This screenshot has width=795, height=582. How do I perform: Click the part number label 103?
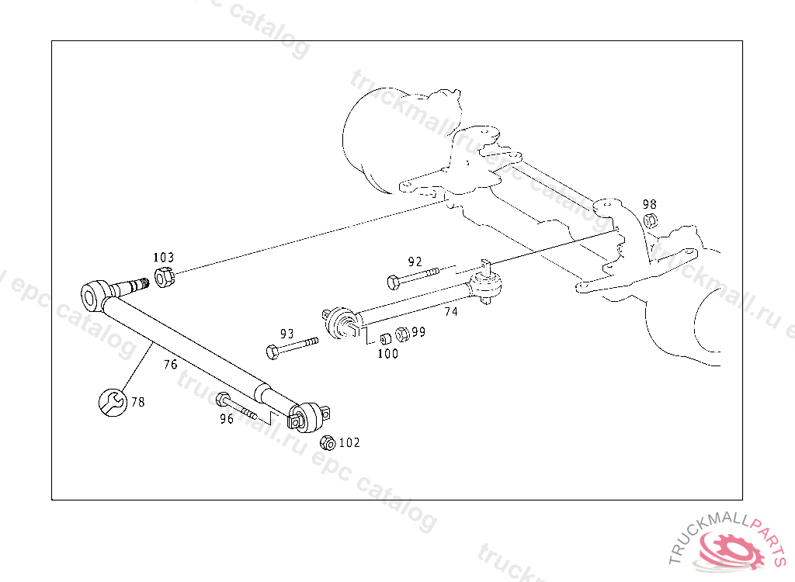tap(164, 258)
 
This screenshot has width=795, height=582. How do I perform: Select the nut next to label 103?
tap(163, 277)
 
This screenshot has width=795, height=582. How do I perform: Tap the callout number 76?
tap(171, 363)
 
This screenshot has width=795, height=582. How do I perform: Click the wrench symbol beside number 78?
tap(112, 402)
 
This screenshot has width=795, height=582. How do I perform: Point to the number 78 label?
tap(137, 402)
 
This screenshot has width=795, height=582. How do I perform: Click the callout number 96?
tap(227, 419)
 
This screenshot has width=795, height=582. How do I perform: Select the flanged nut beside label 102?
tap(328, 442)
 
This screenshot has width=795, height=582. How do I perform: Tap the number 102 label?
tap(349, 443)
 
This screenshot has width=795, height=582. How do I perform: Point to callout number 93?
tap(287, 334)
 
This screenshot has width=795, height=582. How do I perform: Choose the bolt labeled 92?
tap(411, 275)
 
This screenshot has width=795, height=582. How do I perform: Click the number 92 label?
tap(415, 262)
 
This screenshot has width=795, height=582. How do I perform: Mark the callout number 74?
tap(451, 311)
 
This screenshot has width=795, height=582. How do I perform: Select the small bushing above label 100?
tap(385, 339)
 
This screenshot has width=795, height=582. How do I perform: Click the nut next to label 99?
tap(401, 334)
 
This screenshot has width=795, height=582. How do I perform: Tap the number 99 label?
tap(418, 332)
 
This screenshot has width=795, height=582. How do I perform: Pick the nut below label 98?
tap(651, 220)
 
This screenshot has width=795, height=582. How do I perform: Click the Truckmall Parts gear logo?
tap(732, 550)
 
